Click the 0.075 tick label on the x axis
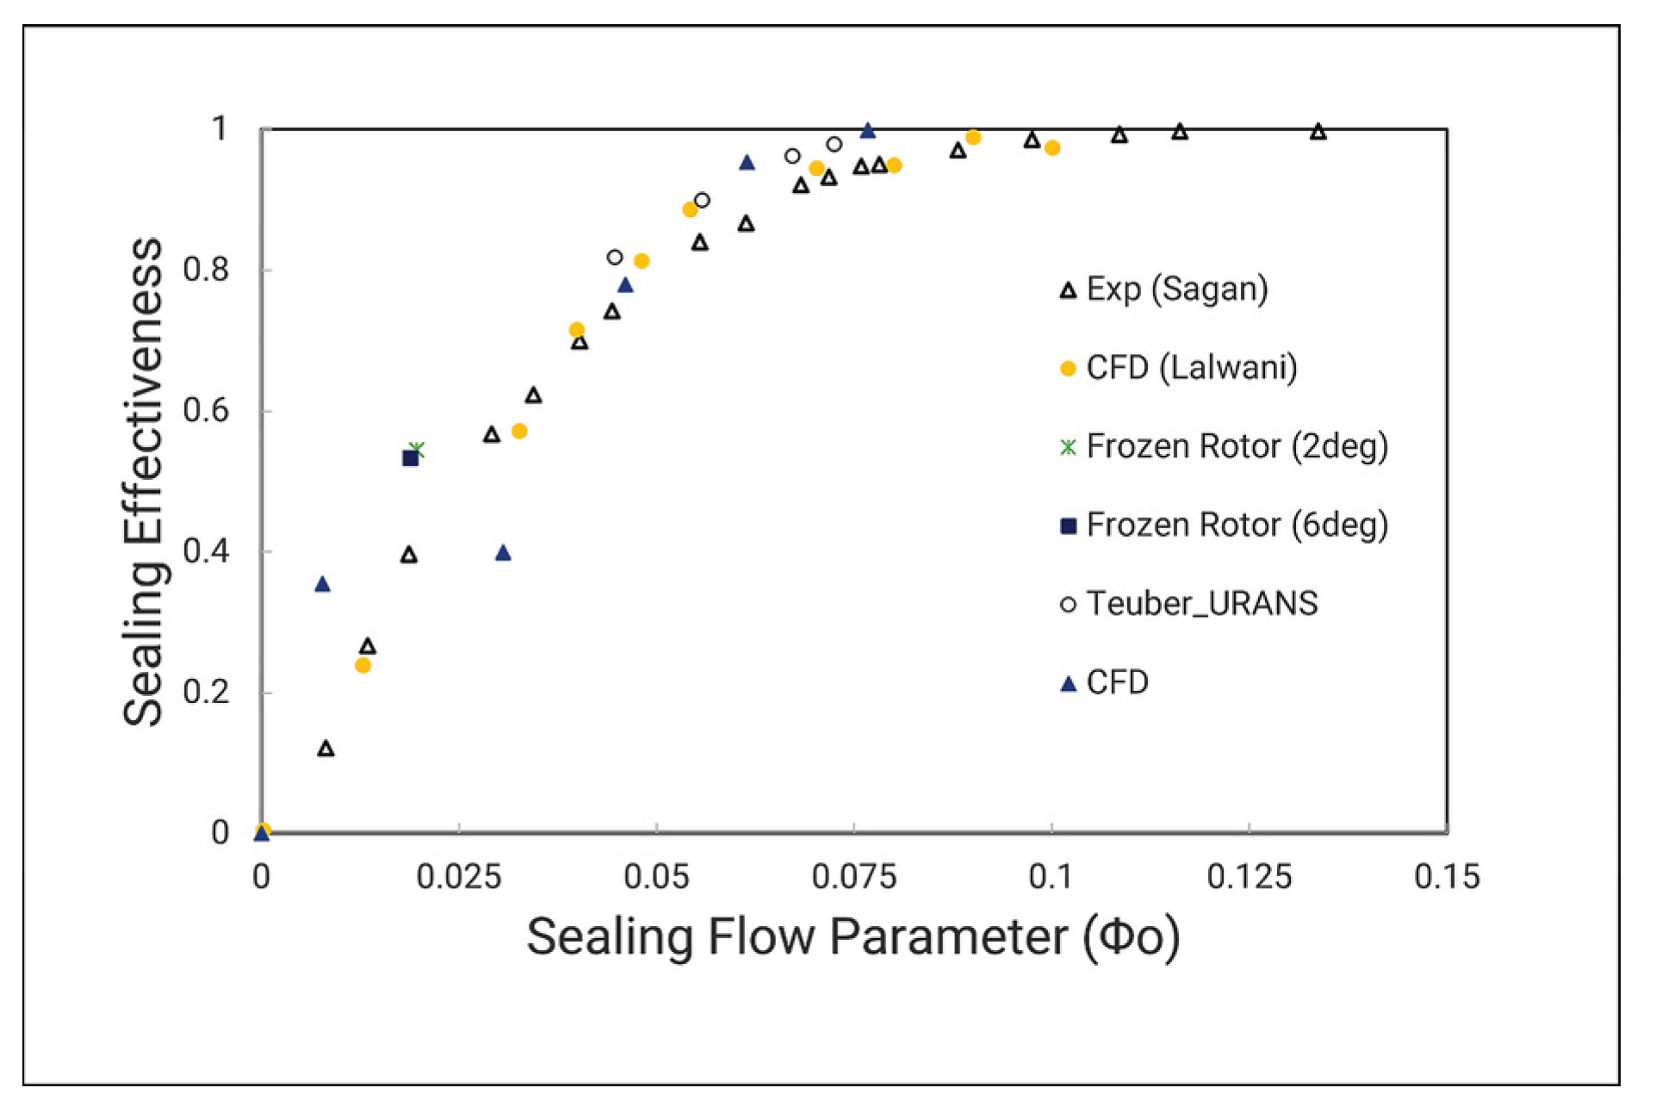point(853,877)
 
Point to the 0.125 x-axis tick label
point(1249,877)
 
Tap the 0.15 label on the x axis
point(1447,877)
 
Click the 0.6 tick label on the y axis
point(206,411)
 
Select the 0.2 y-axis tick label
point(206,693)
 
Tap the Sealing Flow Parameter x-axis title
point(853,937)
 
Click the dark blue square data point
point(411,458)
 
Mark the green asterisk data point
point(417,449)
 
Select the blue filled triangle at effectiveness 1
point(868,131)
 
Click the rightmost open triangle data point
point(1318,132)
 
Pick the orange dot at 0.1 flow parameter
point(1052,148)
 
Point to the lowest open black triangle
point(326,749)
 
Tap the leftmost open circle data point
point(615,257)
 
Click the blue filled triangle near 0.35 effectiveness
point(322,585)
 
